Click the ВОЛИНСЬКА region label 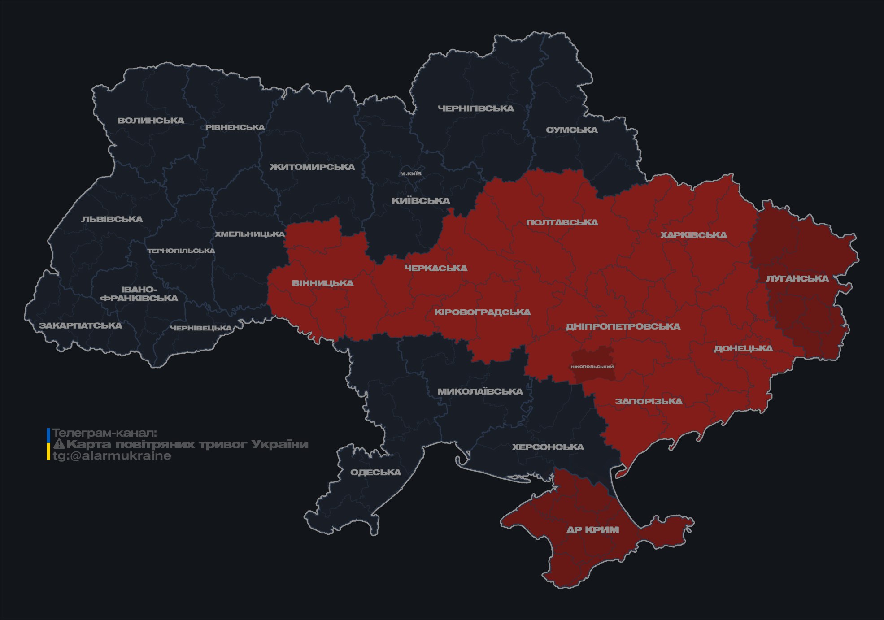point(151,121)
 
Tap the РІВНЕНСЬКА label point(235,127)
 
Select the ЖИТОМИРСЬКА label point(312,167)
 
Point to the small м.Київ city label point(411,173)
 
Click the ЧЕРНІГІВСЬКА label point(476,108)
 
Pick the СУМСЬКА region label point(572,130)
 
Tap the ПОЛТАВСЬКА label point(562,222)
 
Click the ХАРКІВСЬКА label point(693,235)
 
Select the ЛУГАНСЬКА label point(797,278)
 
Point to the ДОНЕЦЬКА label point(743,348)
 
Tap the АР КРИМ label point(592,530)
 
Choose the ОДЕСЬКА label point(375,472)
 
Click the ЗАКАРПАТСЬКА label point(80,325)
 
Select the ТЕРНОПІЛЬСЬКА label point(181,251)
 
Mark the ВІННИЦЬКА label point(322,283)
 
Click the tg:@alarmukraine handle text point(112,456)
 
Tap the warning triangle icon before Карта point(59,444)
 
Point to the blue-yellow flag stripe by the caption point(48,444)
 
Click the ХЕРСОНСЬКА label point(548,447)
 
